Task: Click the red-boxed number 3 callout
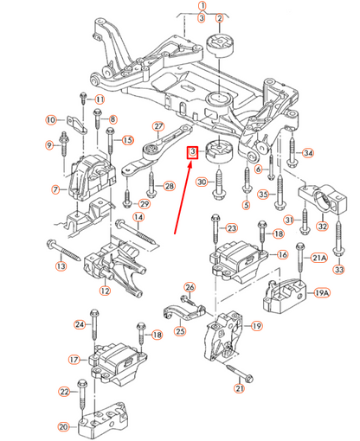coord(194,153)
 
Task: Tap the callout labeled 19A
coord(322,294)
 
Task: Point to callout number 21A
coord(318,258)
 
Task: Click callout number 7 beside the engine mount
coord(55,189)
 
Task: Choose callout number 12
coord(105,291)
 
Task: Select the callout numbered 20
coord(63,426)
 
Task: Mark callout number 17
coord(74,358)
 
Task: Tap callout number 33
coord(338,271)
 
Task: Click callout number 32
coord(323,227)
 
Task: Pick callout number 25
coord(180,329)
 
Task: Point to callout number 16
coord(282,255)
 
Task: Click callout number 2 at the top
coord(219,18)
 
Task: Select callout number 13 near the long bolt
coord(61,266)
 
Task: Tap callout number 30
coord(201,182)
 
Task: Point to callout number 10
coord(51,118)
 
